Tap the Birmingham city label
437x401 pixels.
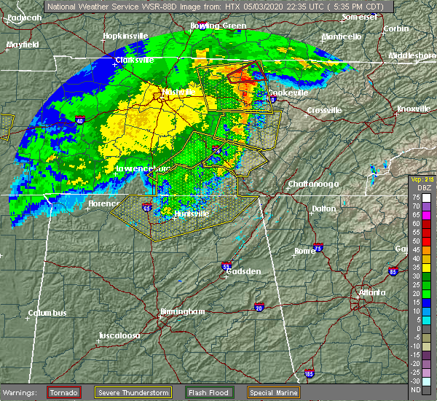(181, 311)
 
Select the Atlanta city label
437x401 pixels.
(371, 293)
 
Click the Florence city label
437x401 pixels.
(103, 204)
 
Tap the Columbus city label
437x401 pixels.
(47, 314)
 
